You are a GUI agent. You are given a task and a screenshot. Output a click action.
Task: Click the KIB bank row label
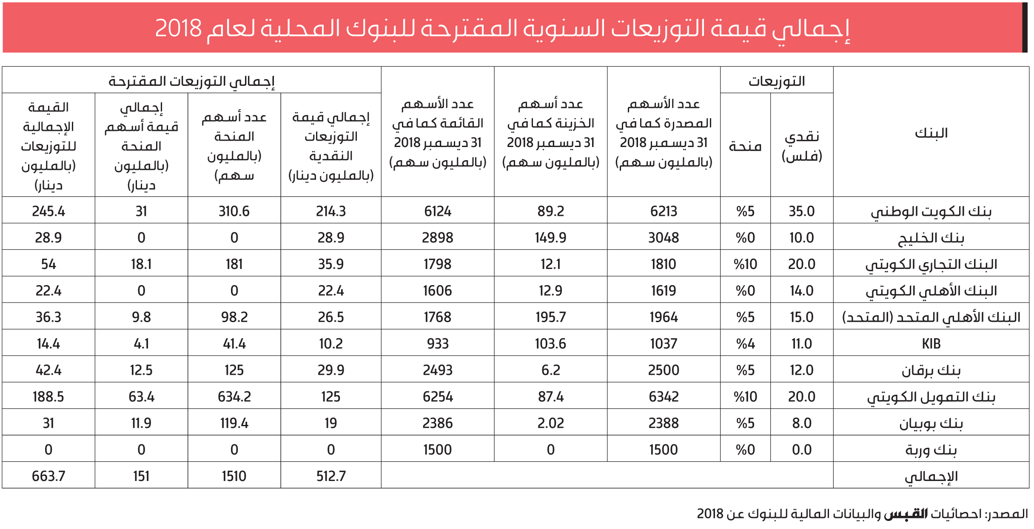pos(931,343)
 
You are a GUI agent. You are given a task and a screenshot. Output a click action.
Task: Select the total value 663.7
pos(48,476)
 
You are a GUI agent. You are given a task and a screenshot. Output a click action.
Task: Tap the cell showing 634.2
pos(234,396)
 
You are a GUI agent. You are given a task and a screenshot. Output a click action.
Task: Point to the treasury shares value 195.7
pos(550,317)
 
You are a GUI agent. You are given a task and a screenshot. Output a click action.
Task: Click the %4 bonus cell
pos(745,343)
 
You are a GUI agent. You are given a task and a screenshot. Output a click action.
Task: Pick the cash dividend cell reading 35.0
pos(802,211)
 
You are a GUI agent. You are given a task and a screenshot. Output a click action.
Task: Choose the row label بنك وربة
pos(931,450)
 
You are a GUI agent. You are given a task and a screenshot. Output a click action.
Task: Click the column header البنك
pos(931,133)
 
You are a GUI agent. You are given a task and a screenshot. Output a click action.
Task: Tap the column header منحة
pos(745,147)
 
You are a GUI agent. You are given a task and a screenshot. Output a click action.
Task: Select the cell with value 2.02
pos(550,423)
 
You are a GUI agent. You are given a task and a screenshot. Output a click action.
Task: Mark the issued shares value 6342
pos(664,396)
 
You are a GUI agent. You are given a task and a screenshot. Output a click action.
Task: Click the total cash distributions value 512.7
pos(331,476)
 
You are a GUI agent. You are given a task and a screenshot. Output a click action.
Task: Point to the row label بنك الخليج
pos(931,238)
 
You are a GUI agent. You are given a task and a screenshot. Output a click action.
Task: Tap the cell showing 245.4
pos(48,211)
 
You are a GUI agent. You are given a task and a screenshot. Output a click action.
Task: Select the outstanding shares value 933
pos(438,343)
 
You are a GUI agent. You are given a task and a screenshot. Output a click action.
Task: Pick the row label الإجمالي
pos(931,476)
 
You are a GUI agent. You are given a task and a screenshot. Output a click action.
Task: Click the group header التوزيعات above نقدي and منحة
pos(777,81)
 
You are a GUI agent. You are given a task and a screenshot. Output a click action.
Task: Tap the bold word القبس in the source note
pos(906,514)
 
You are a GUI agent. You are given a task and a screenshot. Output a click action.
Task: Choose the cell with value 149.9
pos(550,238)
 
